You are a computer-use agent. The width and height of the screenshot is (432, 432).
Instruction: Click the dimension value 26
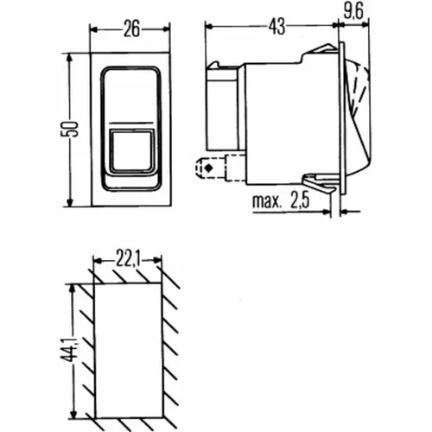(x=130, y=29)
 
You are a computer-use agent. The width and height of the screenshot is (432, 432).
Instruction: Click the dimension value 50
(x=75, y=128)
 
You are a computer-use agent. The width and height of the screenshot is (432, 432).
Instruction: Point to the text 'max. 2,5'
(x=280, y=204)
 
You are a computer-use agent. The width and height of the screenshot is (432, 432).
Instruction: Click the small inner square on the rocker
(x=130, y=149)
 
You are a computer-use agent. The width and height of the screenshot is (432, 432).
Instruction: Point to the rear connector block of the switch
(x=219, y=102)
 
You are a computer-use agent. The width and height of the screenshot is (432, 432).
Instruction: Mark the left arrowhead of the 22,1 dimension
(x=94, y=257)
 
